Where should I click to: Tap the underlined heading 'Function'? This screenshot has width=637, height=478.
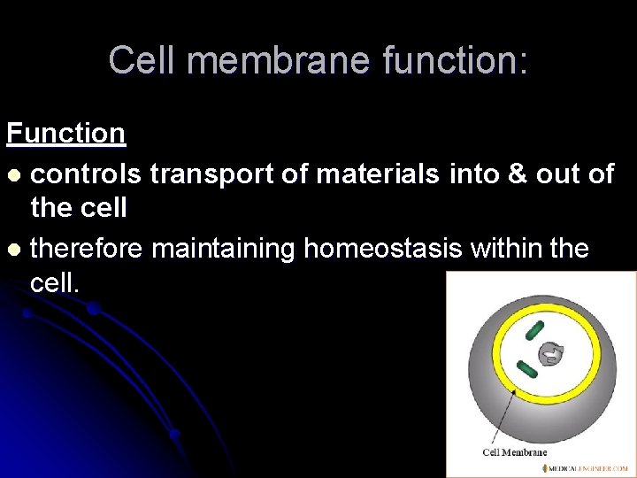(x=65, y=134)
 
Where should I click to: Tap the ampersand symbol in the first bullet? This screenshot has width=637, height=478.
(x=516, y=173)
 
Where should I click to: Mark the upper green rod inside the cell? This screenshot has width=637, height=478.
(x=534, y=331)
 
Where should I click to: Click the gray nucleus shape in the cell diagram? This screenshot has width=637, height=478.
(x=549, y=354)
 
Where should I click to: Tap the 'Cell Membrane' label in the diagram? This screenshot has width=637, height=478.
(x=515, y=452)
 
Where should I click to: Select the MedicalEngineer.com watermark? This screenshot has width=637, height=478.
(x=587, y=468)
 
